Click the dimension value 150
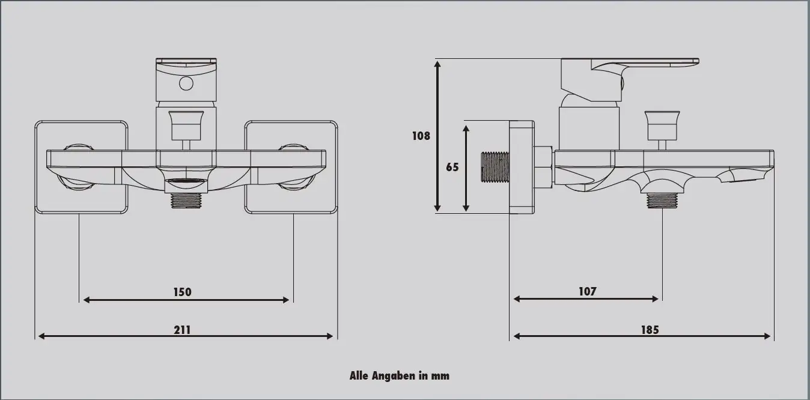click(x=182, y=292)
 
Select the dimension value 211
click(x=182, y=329)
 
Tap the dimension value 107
click(x=587, y=291)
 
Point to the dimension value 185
click(x=649, y=329)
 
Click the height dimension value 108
click(x=421, y=136)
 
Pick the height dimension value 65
click(x=452, y=167)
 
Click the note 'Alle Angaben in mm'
click(x=399, y=376)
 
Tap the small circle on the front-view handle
click(x=186, y=83)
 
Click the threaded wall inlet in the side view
click(x=495, y=167)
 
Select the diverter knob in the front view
click(x=186, y=123)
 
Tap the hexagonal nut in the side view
click(x=544, y=167)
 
